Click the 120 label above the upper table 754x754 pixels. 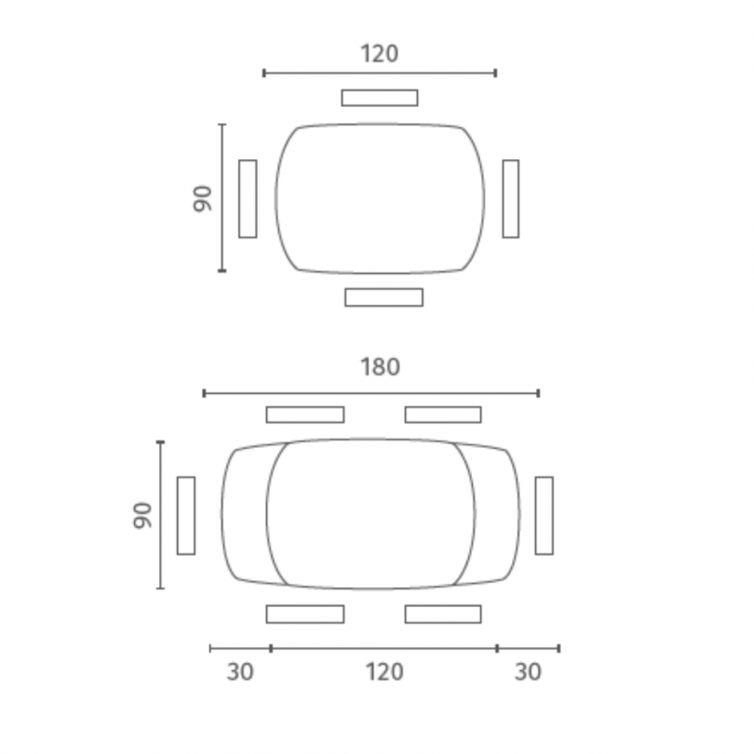click(380, 53)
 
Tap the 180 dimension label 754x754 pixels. click(380, 367)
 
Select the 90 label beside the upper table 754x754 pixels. click(202, 198)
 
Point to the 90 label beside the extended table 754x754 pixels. click(142, 516)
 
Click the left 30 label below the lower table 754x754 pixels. click(240, 672)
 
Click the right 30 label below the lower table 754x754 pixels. click(528, 672)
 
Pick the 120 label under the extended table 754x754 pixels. click(384, 672)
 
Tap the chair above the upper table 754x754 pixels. click(380, 98)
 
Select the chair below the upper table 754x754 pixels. click(384, 297)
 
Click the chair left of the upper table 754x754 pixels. click(248, 198)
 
